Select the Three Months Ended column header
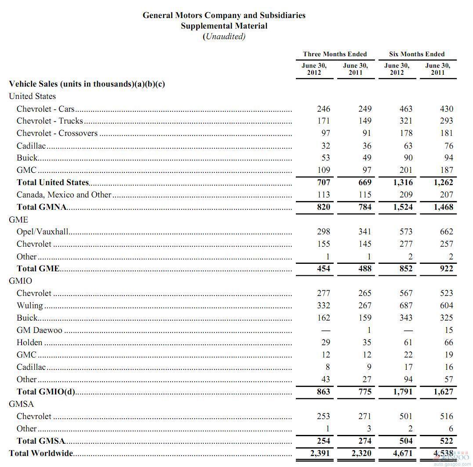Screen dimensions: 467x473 pos(335,54)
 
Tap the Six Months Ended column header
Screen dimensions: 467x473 pos(417,54)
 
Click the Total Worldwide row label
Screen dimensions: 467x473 pos(41,453)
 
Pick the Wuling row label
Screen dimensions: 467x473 pos(30,305)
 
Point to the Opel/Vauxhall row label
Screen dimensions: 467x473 pos(42,231)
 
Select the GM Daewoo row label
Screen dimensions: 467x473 pos(40,330)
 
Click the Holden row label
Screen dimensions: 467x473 pos(29,342)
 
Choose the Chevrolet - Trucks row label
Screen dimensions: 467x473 pos(50,120)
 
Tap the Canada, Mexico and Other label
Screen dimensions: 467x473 pos(64,194)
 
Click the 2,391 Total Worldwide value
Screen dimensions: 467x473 pos(320,453)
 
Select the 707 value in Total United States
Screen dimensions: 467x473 pos(323,182)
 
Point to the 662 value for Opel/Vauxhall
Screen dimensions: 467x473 pos(446,231)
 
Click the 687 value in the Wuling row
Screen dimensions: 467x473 pos(405,305)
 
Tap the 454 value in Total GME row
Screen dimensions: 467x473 pos(323,268)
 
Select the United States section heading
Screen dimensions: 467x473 pos(32,96)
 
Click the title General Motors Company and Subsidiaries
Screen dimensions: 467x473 pos(224,15)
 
